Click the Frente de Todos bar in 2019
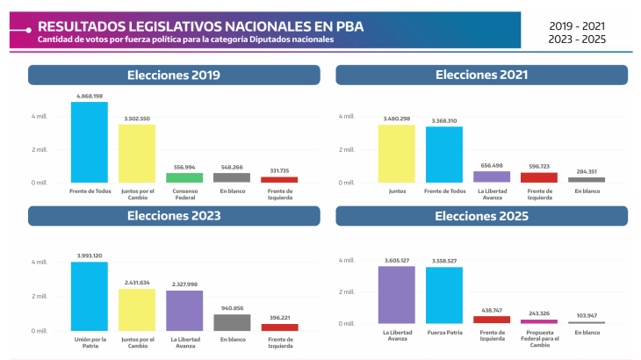[x=90, y=142]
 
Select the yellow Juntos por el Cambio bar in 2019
[x=137, y=154]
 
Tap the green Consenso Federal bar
[x=184, y=177]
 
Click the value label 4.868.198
[x=90, y=96]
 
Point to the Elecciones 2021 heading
[x=481, y=75]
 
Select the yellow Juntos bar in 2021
[x=397, y=154]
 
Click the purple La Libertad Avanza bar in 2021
[x=492, y=176]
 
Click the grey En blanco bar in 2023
[x=232, y=322]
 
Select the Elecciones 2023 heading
[x=174, y=216]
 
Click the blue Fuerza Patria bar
[x=444, y=295]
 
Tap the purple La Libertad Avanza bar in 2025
[x=397, y=294]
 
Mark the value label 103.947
[x=587, y=315]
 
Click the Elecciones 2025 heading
[x=481, y=216]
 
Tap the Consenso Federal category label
[x=184, y=193]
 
